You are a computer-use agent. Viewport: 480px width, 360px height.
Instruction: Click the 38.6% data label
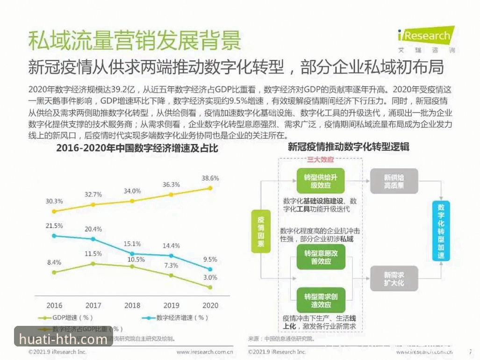coord(210,178)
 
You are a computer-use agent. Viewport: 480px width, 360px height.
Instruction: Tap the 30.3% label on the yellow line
coord(54,201)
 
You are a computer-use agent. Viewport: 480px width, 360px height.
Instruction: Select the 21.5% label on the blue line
coord(54,225)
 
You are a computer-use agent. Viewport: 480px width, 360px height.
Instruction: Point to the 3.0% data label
coord(210,277)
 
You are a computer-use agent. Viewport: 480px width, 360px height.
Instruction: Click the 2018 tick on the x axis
coord(132,305)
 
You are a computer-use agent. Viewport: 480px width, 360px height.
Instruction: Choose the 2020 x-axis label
coord(210,305)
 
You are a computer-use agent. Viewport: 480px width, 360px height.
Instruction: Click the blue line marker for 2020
coord(210,269)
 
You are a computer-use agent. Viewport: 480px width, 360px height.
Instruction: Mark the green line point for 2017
coord(93,264)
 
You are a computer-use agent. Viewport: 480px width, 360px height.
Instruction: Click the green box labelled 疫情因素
coord(261,231)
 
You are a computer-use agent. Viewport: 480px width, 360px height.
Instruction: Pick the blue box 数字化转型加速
coord(441,231)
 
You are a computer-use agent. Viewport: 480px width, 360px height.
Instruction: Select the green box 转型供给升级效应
coord(321,181)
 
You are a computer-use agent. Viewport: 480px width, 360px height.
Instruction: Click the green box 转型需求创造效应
coord(321,301)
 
